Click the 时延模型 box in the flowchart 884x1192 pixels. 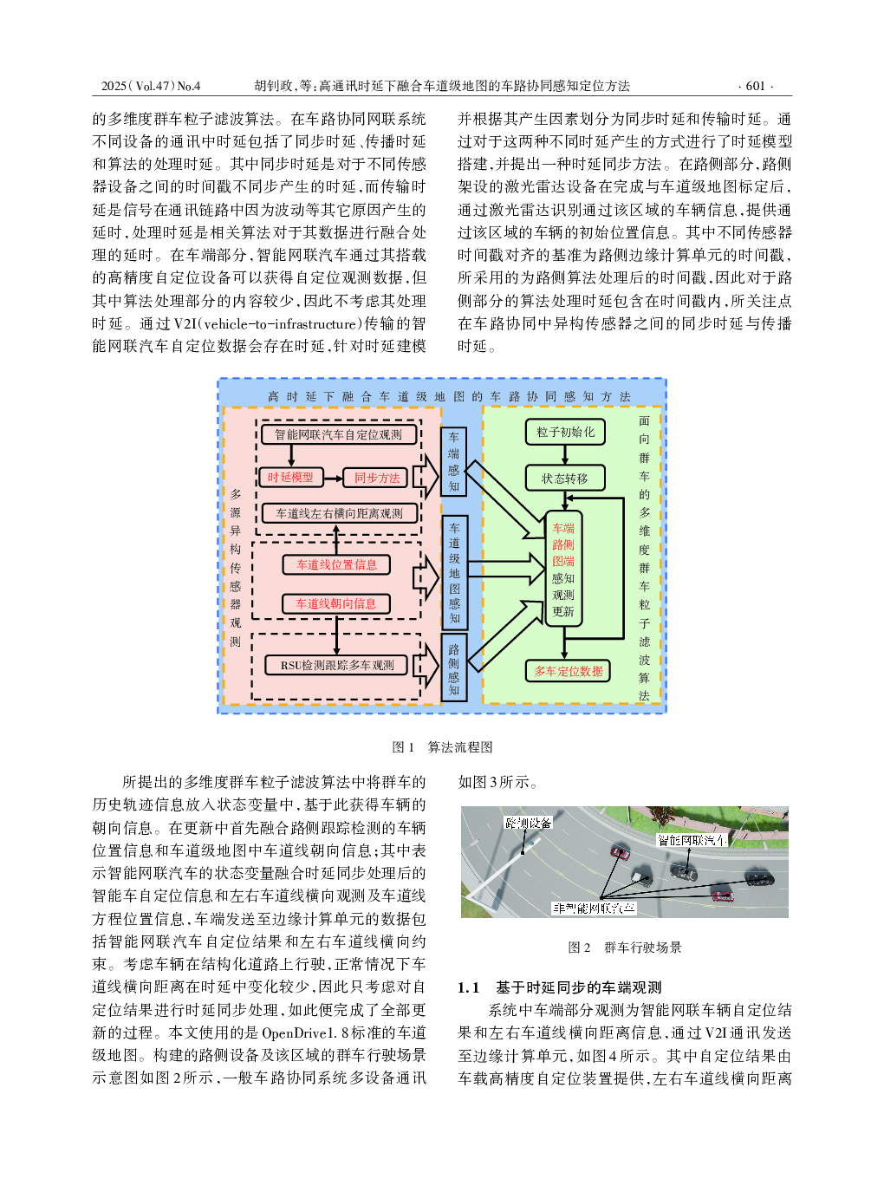pos(290,478)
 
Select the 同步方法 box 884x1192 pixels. pos(377,478)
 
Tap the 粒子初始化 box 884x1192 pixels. pos(565,432)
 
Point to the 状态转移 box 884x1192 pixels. pos(565,479)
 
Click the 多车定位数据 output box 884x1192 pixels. pos(569,671)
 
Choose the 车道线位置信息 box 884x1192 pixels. pos(336,564)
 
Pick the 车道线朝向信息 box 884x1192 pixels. pos(336,603)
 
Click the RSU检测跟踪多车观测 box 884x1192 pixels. pos(337,665)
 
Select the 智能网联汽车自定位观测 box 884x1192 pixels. pos(338,434)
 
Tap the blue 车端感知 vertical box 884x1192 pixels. pos(453,462)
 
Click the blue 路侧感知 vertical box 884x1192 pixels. pos(453,668)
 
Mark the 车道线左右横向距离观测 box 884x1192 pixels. pos(339,513)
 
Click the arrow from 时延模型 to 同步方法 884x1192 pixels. pos(334,478)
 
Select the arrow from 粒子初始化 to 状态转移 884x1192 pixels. pos(565,455)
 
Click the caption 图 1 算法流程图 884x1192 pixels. pos(442,747)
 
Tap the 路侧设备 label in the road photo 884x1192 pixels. pos(529,823)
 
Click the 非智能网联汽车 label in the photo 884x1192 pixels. pos(595,908)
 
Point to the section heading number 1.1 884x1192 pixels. pos(468,987)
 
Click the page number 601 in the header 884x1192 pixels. pos(755,86)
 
